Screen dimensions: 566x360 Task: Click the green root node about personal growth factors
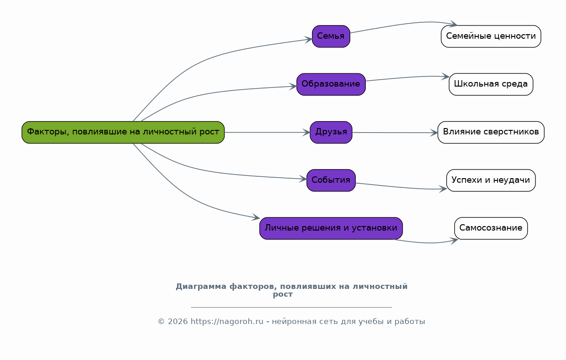[x=123, y=132]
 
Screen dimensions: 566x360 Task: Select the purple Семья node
[x=331, y=36]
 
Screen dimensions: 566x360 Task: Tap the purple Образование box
[x=331, y=84]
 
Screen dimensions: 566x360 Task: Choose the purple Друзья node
[x=331, y=132]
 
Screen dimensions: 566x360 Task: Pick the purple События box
[x=331, y=180]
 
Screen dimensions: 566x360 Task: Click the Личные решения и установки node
[x=331, y=228]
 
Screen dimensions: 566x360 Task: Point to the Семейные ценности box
[x=491, y=36]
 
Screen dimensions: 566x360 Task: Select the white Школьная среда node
[x=491, y=84]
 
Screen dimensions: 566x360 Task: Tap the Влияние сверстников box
[x=491, y=132]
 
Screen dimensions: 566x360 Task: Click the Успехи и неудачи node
[x=491, y=180]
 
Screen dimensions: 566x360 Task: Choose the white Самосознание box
[x=491, y=228]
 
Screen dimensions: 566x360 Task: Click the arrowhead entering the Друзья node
[x=306, y=132]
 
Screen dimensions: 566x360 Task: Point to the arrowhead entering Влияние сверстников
[x=434, y=133]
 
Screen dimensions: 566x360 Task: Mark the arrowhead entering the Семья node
[x=308, y=40]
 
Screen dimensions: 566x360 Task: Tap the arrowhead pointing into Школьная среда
[x=445, y=77]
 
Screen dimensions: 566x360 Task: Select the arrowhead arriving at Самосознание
[x=454, y=241]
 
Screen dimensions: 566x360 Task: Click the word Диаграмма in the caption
[x=201, y=287]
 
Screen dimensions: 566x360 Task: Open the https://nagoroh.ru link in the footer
[x=227, y=321]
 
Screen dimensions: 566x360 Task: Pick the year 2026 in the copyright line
[x=177, y=321]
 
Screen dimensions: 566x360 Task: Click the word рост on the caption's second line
[x=283, y=295]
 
